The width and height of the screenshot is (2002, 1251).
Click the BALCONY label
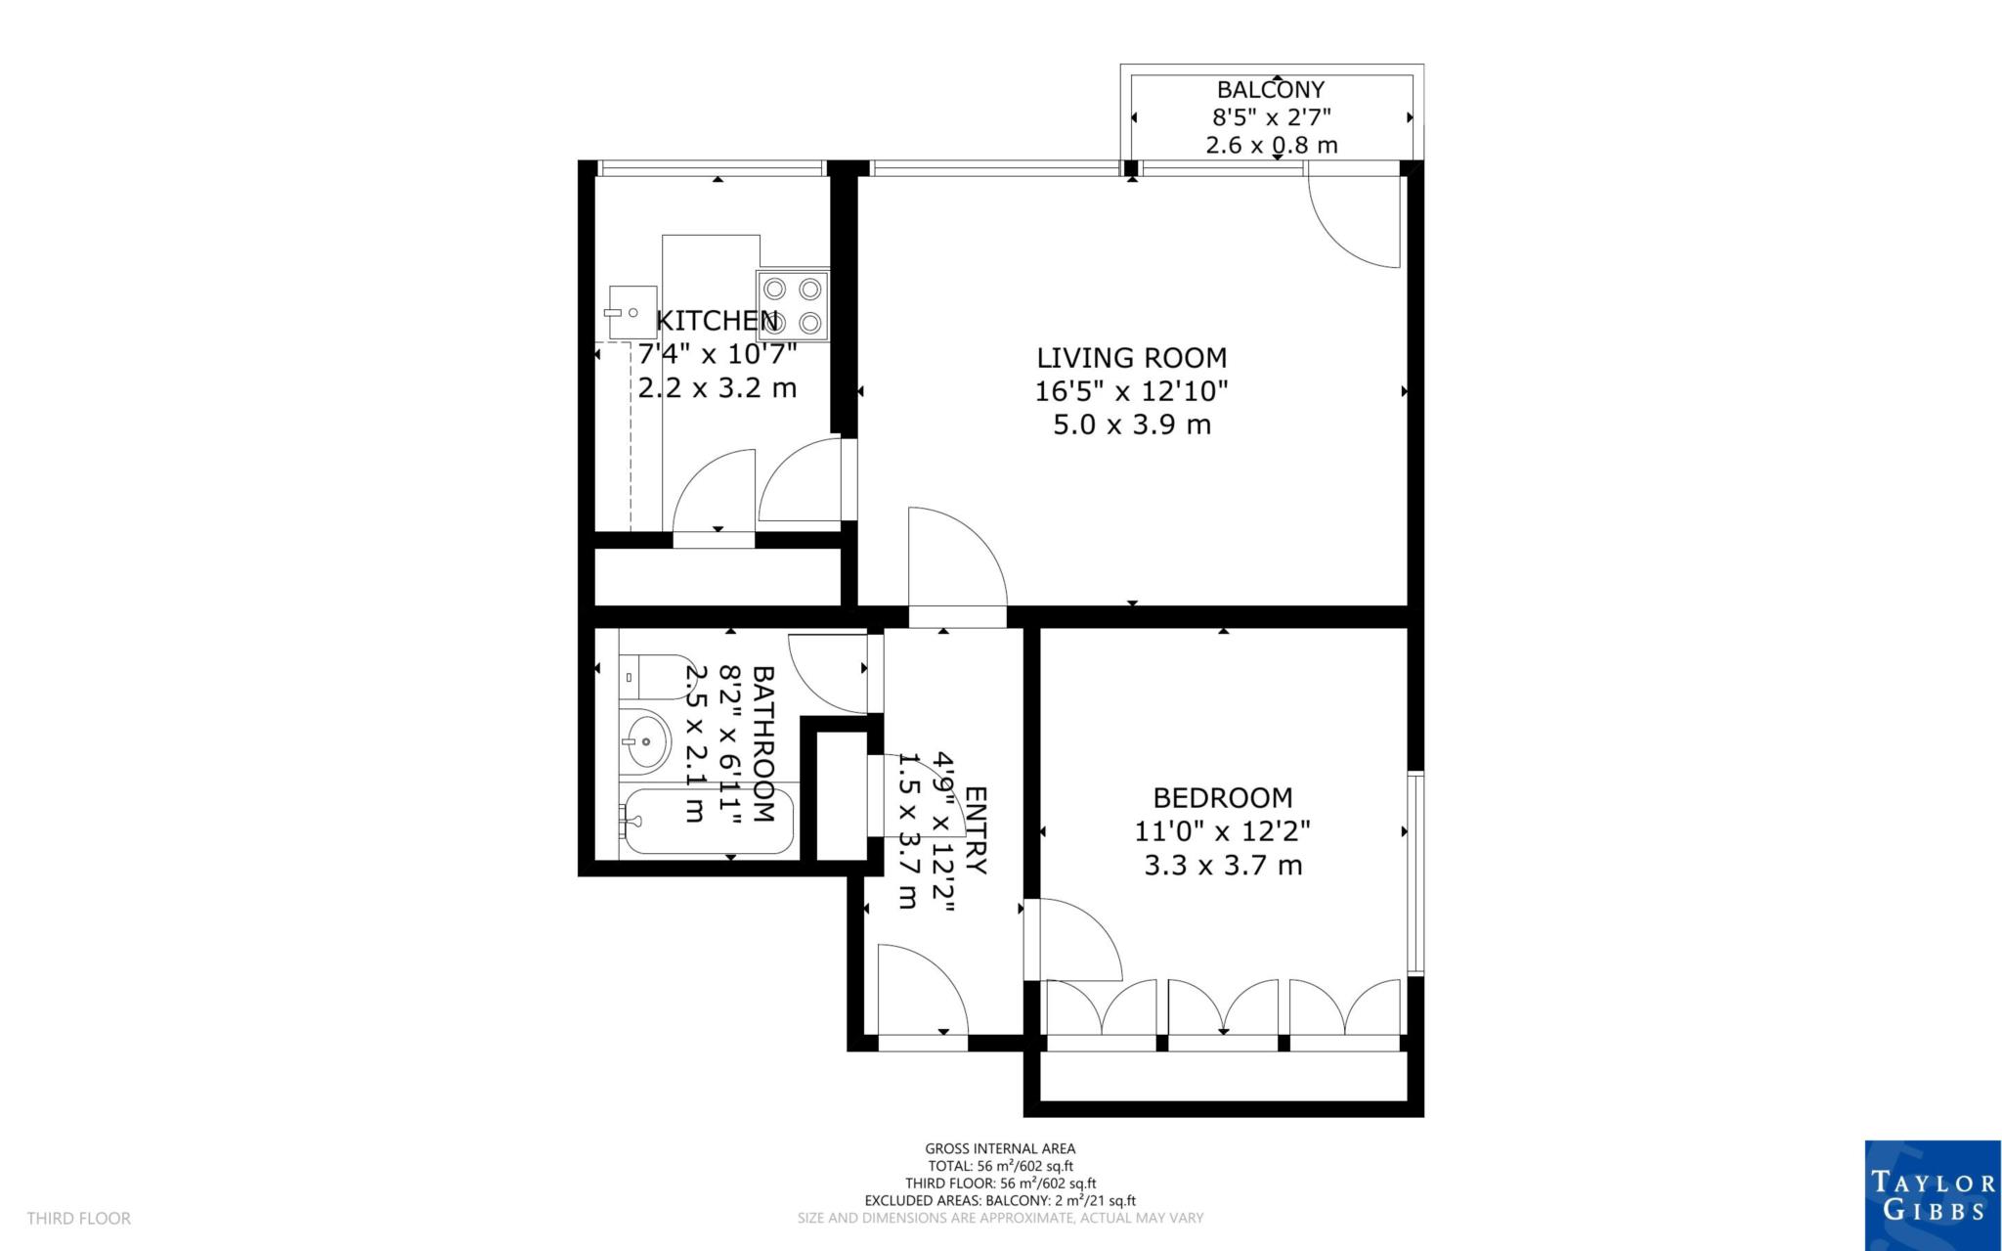[x=1270, y=90]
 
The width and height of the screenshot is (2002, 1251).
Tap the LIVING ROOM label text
[x=1131, y=358]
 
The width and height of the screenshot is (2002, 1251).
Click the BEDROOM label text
[x=1222, y=798]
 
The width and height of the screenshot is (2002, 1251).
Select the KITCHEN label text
[x=717, y=321]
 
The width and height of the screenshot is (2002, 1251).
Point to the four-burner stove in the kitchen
[x=793, y=305]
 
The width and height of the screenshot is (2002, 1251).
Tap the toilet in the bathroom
[x=653, y=677]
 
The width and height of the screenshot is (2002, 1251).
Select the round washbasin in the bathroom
[x=646, y=740]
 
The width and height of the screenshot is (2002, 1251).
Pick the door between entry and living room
[x=956, y=567]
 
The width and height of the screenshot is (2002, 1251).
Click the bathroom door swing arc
[x=825, y=675]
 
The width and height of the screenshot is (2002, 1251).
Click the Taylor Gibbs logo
[x=1932, y=1195]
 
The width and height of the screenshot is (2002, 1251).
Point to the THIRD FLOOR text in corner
[x=78, y=1219]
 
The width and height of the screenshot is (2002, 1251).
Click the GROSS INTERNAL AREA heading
[x=1000, y=1149]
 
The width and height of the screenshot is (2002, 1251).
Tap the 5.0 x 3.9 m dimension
[x=1131, y=425]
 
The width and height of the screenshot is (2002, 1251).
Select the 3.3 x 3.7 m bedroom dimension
[x=1222, y=866]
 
